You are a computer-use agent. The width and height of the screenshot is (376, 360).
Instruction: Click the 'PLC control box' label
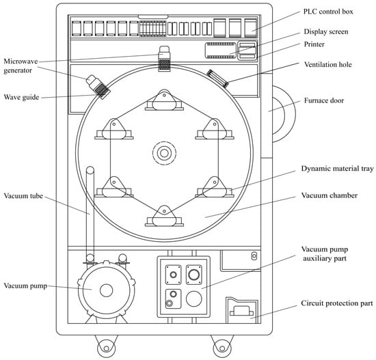[328, 12]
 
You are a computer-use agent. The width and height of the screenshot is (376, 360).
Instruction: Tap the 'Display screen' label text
[326, 31]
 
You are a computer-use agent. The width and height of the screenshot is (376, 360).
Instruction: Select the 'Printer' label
[314, 44]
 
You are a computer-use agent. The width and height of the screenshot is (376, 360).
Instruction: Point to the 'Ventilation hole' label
[327, 64]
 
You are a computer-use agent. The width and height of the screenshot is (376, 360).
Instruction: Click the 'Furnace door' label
[324, 100]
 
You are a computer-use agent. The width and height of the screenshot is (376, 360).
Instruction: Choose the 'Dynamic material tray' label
[337, 169]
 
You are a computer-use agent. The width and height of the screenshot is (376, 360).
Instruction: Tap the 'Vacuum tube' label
[23, 196]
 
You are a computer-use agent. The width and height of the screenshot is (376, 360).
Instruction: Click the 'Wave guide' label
[21, 97]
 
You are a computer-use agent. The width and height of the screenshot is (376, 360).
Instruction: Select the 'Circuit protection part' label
[337, 303]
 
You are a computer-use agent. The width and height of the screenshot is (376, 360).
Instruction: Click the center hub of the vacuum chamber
[164, 153]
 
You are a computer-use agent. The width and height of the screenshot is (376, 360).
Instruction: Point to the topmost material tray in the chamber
[164, 100]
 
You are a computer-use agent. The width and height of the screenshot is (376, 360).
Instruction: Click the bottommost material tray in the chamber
[164, 216]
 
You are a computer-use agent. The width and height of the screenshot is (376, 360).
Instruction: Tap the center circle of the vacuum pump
[106, 290]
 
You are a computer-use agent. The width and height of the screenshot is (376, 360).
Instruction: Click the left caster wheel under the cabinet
[106, 348]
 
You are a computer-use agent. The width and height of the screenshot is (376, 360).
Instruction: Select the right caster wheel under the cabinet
[222, 348]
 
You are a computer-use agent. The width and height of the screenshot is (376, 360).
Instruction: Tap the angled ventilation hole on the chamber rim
[217, 79]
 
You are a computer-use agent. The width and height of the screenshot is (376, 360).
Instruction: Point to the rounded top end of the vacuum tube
[90, 170]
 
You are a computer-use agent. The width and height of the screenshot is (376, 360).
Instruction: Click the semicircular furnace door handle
[284, 114]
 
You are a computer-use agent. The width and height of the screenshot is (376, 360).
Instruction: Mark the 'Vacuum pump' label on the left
[25, 286]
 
